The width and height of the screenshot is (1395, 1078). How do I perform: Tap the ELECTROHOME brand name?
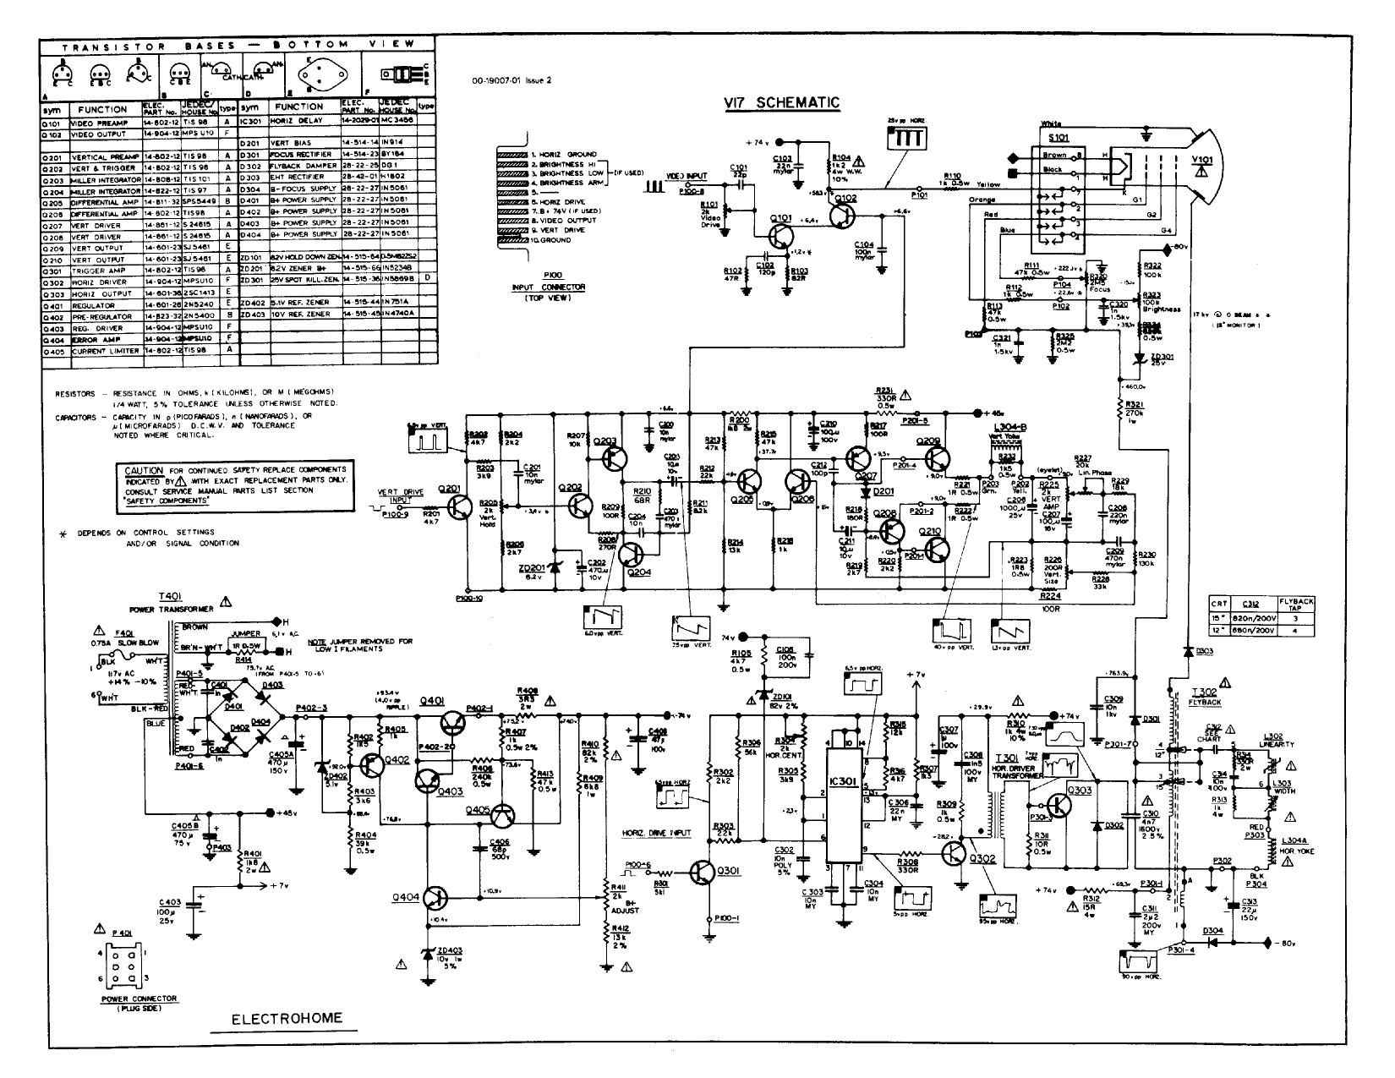(x=287, y=1018)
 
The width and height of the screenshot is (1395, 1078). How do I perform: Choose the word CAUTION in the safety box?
(x=144, y=470)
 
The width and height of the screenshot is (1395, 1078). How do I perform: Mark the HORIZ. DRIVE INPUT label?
(x=657, y=833)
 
